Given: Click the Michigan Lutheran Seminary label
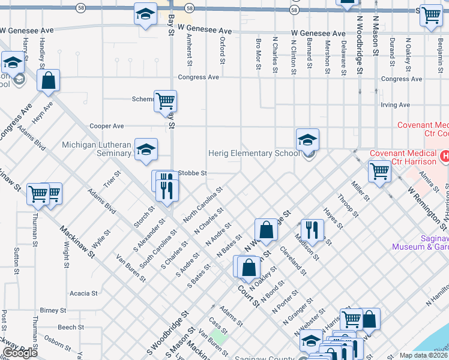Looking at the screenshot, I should (x=97, y=149).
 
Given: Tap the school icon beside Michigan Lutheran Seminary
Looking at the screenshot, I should (x=145, y=151).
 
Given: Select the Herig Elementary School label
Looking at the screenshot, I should (x=253, y=153).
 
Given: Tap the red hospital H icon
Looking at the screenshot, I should (x=445, y=157).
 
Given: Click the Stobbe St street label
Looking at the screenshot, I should (x=192, y=173).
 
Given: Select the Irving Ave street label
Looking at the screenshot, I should (x=395, y=105).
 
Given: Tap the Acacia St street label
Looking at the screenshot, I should (x=83, y=293).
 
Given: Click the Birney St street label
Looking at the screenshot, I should (x=53, y=310).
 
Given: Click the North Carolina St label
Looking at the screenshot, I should (x=203, y=205).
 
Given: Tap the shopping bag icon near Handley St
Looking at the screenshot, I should (x=49, y=80).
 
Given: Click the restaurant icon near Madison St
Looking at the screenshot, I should (x=312, y=229).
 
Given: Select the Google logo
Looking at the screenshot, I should (x=20, y=353).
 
